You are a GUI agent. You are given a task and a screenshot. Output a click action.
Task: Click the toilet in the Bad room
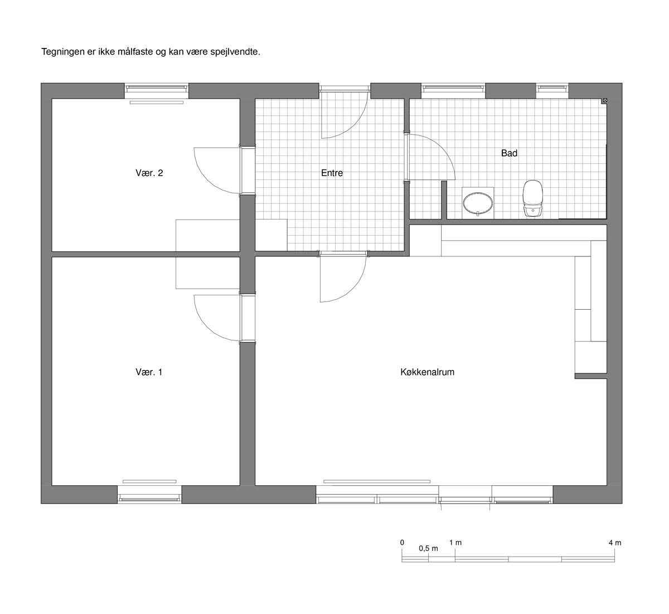(532, 199)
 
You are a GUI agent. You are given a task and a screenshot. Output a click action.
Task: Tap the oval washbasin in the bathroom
(478, 202)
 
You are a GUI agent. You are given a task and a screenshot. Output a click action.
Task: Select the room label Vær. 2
(149, 173)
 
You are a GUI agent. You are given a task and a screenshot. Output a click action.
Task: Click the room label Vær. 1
(149, 372)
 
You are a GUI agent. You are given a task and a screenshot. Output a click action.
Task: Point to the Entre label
(332, 173)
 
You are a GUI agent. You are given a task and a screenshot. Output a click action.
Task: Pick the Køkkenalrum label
(427, 372)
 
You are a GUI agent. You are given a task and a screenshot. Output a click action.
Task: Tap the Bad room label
(509, 153)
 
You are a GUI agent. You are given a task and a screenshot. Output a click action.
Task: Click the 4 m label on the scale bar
(615, 543)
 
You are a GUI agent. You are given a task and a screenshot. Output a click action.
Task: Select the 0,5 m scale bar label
(428, 549)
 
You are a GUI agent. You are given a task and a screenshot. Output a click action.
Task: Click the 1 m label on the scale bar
(455, 543)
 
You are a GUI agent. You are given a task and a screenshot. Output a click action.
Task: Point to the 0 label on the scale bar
(402, 543)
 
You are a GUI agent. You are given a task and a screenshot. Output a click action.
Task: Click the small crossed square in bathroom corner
(605, 100)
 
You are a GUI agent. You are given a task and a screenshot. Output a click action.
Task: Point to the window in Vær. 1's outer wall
(149, 494)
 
